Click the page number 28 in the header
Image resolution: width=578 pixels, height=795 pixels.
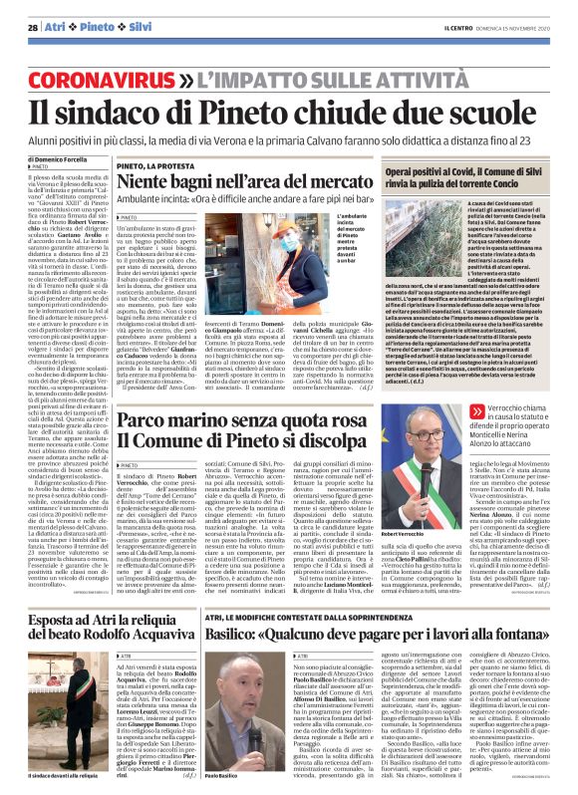click(32, 26)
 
